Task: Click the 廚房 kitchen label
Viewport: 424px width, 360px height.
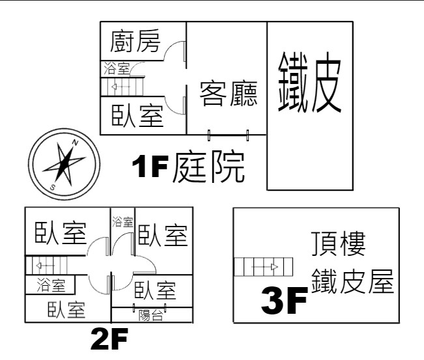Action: point(135,41)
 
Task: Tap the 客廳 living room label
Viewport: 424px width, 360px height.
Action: point(229,94)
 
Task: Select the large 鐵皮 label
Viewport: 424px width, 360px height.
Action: point(309,82)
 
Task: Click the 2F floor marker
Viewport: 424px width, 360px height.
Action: point(109,339)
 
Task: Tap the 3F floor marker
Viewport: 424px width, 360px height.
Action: point(284,300)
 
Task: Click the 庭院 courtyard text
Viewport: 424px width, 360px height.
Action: point(209,167)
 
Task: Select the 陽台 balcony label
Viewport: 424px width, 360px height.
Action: point(151,315)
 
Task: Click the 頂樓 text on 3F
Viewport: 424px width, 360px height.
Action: point(339,244)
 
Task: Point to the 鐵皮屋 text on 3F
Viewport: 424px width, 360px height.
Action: point(352,281)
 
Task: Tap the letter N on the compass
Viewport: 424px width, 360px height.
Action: point(75,143)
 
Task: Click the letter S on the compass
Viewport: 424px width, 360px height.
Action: point(53,187)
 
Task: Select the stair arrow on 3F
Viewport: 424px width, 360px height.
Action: point(264,267)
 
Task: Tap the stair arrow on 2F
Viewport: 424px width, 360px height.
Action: point(46,266)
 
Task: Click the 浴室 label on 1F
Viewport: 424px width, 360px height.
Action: point(117,68)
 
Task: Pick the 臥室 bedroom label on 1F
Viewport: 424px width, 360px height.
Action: point(137,116)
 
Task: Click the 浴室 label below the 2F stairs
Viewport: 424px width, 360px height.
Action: point(51,285)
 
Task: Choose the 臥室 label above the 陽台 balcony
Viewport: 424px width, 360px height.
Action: point(155,290)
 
